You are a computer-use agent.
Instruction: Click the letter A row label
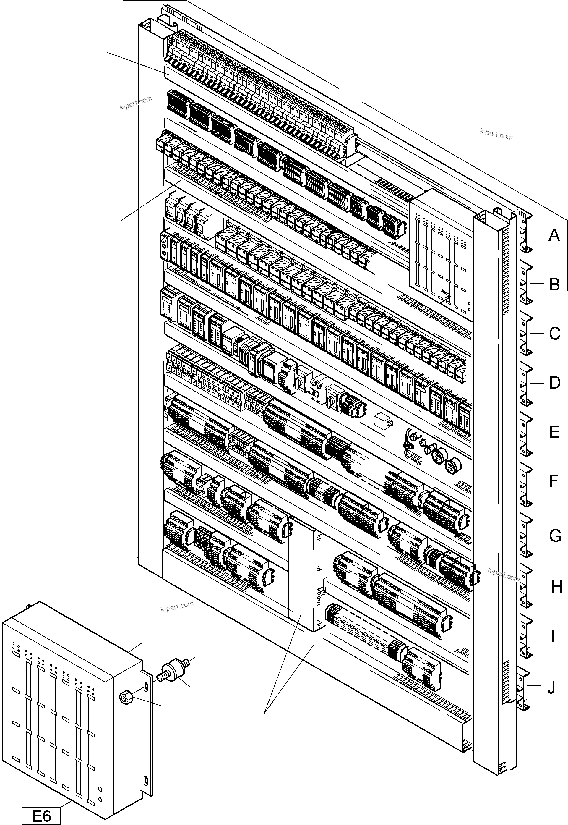[x=554, y=235]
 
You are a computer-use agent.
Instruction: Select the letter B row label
[x=554, y=284]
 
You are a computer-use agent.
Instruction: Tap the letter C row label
[x=554, y=334]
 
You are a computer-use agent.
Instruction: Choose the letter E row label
[x=554, y=432]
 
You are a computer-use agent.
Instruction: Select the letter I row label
[x=552, y=636]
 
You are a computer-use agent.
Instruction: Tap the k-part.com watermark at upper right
[x=496, y=134]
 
